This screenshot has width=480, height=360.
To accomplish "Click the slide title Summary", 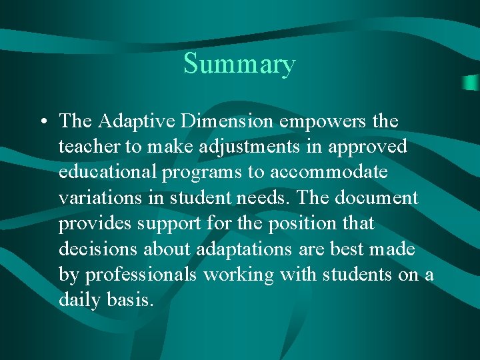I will (239, 65).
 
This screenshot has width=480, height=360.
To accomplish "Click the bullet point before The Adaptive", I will (43, 122).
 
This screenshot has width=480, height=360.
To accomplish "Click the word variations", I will (99, 198).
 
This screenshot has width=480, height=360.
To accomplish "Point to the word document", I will (378, 198).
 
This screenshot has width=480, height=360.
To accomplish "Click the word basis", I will (130, 301).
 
